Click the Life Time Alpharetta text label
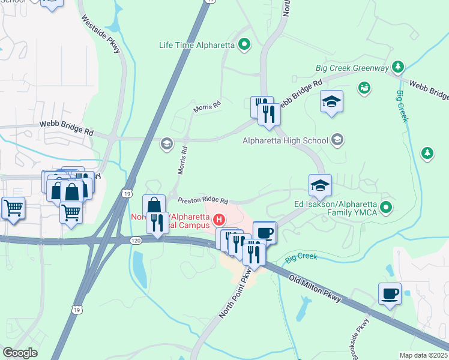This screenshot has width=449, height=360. point(197,44)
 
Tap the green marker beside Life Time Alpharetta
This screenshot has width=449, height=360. point(244,44)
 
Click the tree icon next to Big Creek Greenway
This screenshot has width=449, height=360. point(396,65)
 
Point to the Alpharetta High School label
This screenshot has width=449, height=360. point(285,141)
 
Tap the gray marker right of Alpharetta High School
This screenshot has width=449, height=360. point(337,140)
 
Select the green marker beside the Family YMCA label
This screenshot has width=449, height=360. point(387,208)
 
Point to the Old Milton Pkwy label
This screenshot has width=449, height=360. point(315,289)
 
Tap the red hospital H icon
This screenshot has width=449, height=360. point(220,220)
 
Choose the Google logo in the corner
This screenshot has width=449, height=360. point(20,353)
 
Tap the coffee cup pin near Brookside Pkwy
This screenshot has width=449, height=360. point(390,294)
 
